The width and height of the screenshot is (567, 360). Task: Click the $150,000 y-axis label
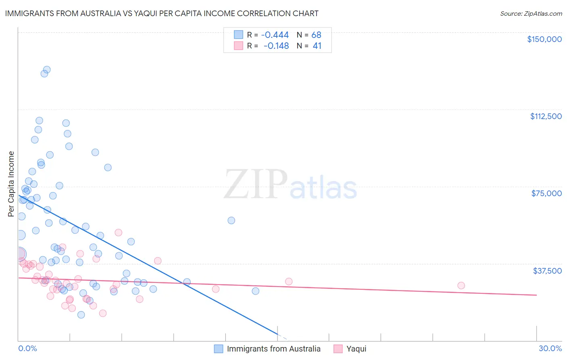[x=544, y=39]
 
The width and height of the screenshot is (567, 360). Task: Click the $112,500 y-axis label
[x=546, y=116]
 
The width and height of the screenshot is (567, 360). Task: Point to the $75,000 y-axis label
[x=546, y=193]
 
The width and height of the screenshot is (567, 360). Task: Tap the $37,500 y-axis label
[x=547, y=271]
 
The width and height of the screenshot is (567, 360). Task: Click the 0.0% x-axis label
[x=27, y=348]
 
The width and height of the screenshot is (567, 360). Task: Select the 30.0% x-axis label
[x=550, y=348]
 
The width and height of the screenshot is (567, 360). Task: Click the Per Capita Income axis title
[x=11, y=184]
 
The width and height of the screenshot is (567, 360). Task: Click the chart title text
[x=162, y=13]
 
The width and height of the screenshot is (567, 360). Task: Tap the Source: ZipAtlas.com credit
[x=531, y=14]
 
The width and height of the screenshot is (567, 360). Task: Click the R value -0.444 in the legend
[x=275, y=35]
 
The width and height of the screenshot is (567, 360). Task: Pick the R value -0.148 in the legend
[x=276, y=46]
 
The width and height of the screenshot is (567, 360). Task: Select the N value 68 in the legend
[x=316, y=35]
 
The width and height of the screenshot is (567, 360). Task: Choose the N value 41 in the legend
[x=317, y=46]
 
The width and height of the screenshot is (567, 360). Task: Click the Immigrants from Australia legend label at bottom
[x=273, y=349]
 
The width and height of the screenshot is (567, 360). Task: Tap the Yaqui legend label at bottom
[x=356, y=349]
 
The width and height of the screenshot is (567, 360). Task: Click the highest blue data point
[x=47, y=70]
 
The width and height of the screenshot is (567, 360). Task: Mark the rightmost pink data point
[x=461, y=285]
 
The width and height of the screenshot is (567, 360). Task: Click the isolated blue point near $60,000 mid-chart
[x=231, y=220]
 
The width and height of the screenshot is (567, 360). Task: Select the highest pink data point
[x=118, y=232]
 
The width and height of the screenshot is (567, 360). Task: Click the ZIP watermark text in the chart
[x=255, y=184]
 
